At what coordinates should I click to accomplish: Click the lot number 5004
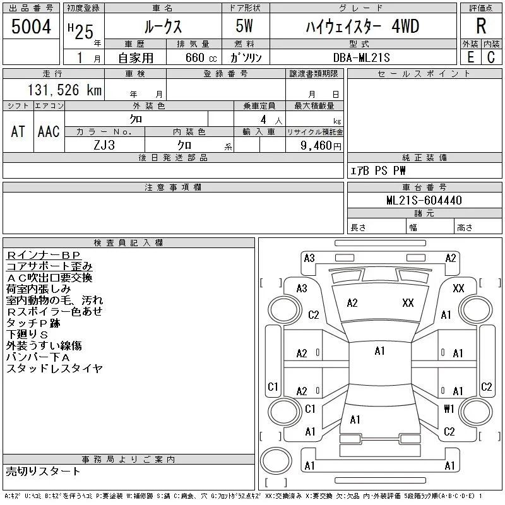(x=31, y=27)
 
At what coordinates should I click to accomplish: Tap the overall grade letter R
(x=481, y=26)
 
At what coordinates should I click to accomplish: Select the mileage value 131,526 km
(x=64, y=90)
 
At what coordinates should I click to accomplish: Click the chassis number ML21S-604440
(x=424, y=200)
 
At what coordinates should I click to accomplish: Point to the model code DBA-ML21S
(x=361, y=57)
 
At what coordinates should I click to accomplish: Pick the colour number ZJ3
(x=104, y=145)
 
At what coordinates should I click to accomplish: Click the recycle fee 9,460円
(x=321, y=146)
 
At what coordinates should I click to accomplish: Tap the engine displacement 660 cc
(x=201, y=57)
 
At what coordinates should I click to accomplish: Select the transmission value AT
(x=18, y=131)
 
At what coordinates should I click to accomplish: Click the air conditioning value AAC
(x=49, y=131)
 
